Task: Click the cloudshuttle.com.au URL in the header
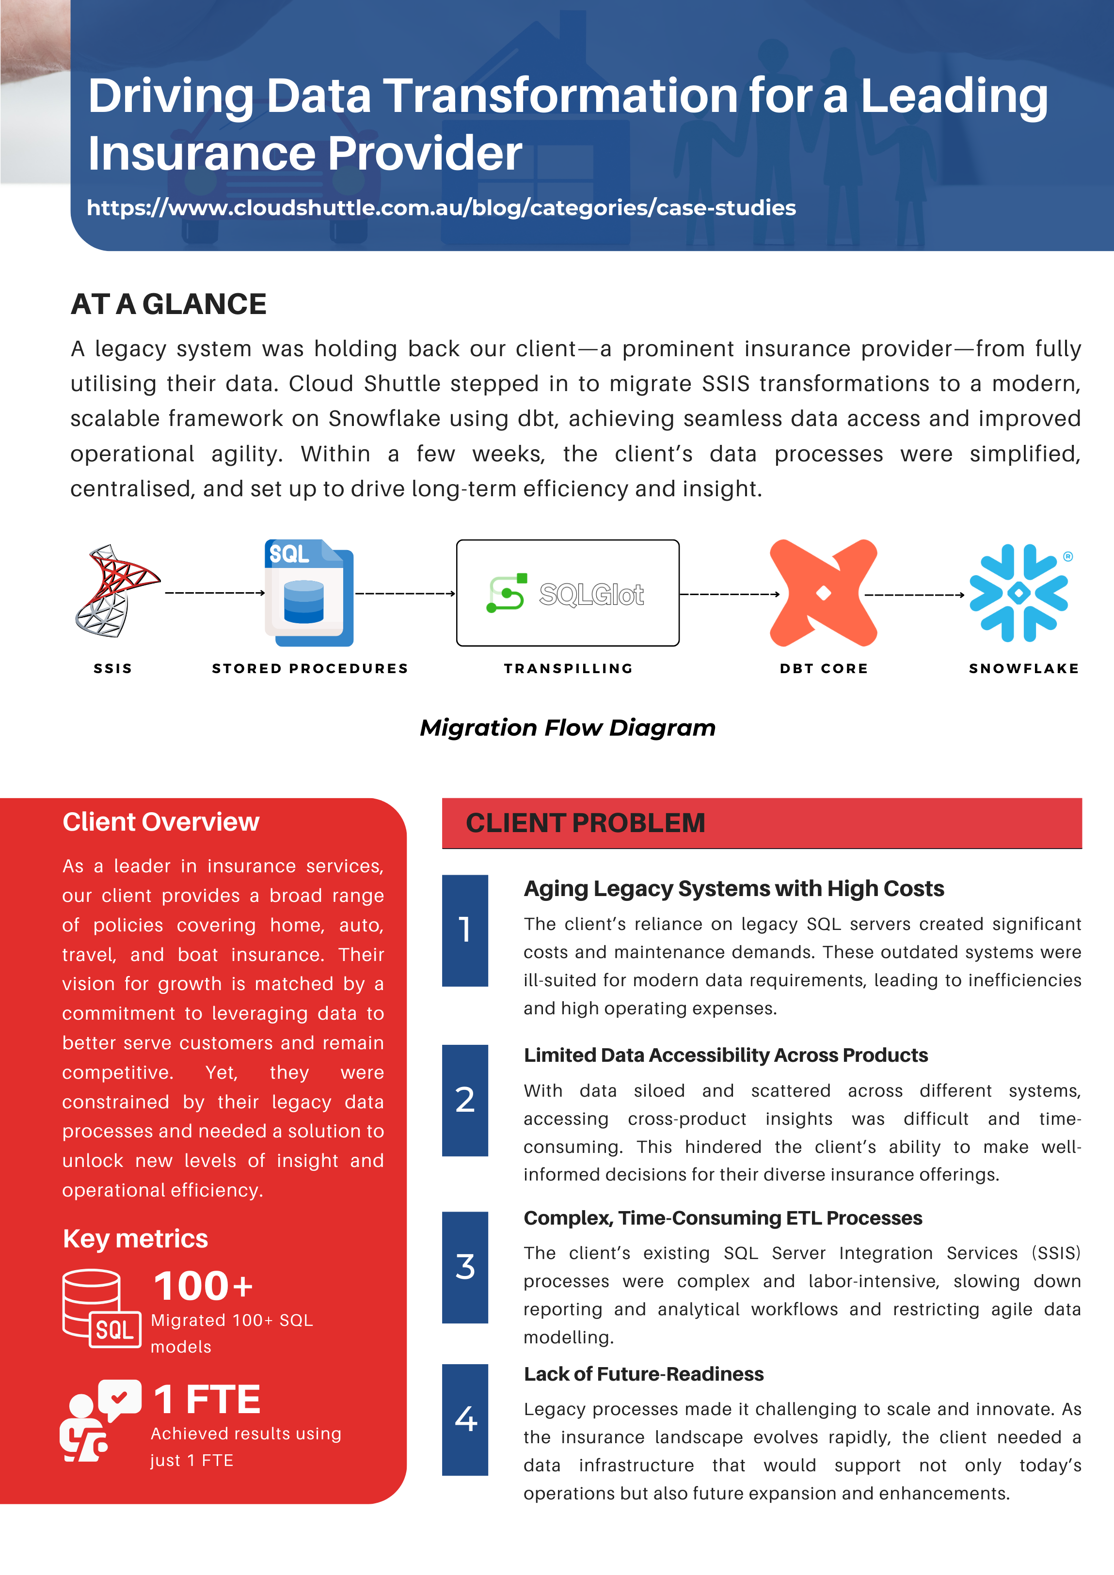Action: pyautogui.click(x=441, y=208)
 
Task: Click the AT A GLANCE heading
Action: pyautogui.click(x=168, y=304)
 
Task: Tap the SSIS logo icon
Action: pyautogui.click(x=115, y=591)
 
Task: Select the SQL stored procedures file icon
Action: pyautogui.click(x=309, y=593)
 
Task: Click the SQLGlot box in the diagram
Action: pyautogui.click(x=568, y=593)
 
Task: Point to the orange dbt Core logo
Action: pyautogui.click(x=823, y=593)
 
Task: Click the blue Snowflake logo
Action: pyautogui.click(x=1019, y=593)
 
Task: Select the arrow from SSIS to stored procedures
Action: pyautogui.click(x=215, y=593)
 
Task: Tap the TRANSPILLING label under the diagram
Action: pyautogui.click(x=568, y=668)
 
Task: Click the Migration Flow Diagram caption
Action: pyautogui.click(x=568, y=727)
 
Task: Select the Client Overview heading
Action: pyautogui.click(x=160, y=822)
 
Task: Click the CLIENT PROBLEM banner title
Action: pyautogui.click(x=585, y=822)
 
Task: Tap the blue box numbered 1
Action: pyautogui.click(x=465, y=930)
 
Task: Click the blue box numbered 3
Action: pyautogui.click(x=465, y=1266)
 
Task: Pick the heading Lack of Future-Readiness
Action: pyautogui.click(x=643, y=1374)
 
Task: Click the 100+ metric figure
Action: pyautogui.click(x=203, y=1286)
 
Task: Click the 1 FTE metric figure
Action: pyautogui.click(x=207, y=1400)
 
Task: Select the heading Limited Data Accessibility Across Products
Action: pyautogui.click(x=726, y=1055)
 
